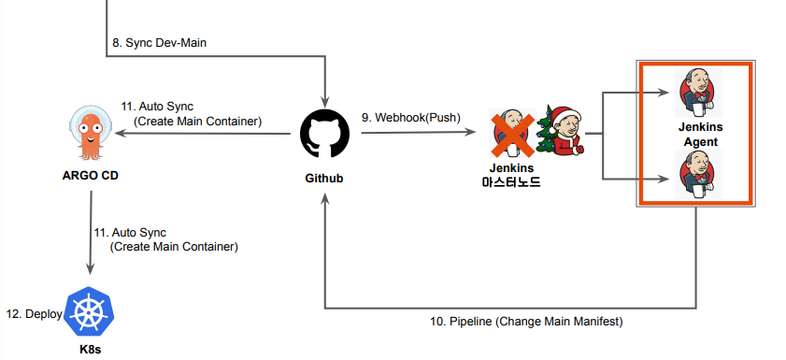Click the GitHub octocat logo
[324, 135]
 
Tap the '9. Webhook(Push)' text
[407, 118]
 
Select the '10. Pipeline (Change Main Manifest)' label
[526, 321]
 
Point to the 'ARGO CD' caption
[90, 175]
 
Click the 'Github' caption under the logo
[324, 178]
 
